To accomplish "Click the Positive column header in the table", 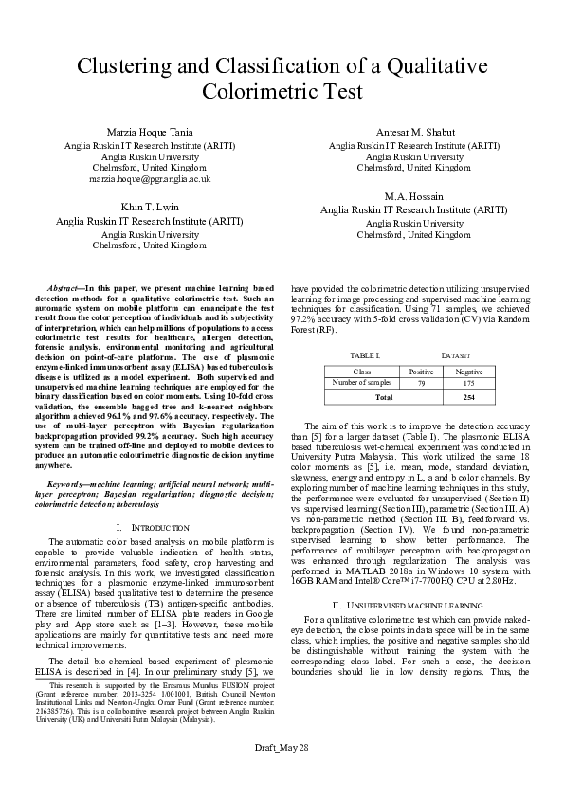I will (x=421, y=372).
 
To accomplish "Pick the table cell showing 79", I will (x=421, y=382).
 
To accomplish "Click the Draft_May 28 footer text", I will (x=282, y=775).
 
